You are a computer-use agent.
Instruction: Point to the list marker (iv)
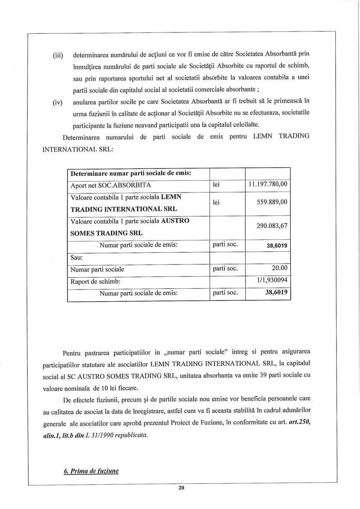(x=58, y=102)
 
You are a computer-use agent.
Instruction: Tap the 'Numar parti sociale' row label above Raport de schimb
(x=98, y=270)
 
